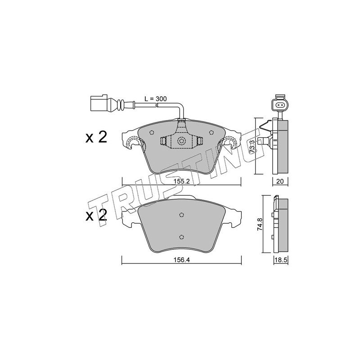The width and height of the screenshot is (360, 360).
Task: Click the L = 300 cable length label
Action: pyautogui.click(x=156, y=99)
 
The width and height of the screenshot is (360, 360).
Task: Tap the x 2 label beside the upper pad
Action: pyautogui.click(x=96, y=138)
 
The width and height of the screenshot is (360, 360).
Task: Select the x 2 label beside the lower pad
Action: pyautogui.click(x=96, y=216)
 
